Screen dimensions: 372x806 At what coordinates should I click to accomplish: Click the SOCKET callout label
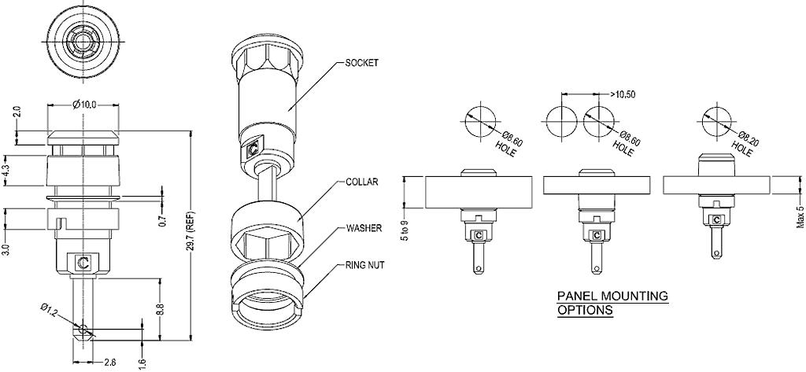tap(362, 61)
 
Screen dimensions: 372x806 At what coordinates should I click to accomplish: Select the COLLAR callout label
tap(362, 182)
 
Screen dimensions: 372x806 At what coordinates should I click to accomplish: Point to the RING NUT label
tap(365, 265)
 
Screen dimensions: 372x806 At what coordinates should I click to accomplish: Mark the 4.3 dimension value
tap(7, 168)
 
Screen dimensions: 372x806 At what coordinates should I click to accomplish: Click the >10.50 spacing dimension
tap(624, 94)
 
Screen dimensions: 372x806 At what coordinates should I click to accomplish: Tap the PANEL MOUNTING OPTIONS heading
tap(612, 303)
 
